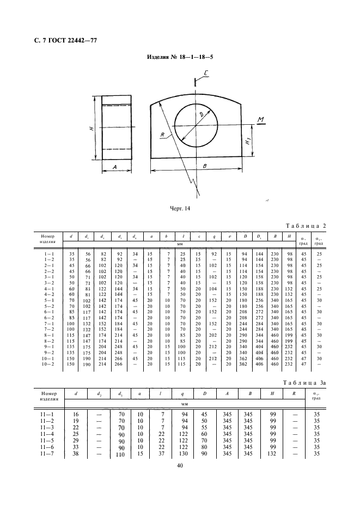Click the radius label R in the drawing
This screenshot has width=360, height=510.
tap(163, 135)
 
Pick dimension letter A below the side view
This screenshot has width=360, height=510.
tap(116, 168)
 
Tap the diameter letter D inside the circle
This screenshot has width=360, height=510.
tap(201, 115)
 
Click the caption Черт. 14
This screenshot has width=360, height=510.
tap(180, 209)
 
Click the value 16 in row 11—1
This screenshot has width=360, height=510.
tap(76, 414)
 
